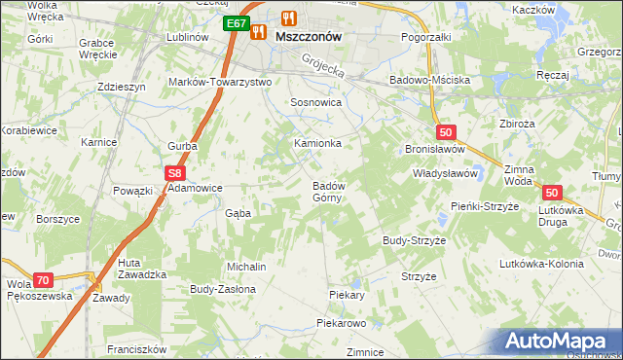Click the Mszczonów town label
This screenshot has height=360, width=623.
click(307, 36)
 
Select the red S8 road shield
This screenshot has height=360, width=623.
click(174, 173)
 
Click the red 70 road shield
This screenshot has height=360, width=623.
click(42, 278)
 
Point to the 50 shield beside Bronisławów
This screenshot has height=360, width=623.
click(445, 131)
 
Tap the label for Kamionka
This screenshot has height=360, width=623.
click(317, 143)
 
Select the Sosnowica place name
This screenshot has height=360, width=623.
click(316, 101)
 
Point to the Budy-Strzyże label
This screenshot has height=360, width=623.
click(414, 239)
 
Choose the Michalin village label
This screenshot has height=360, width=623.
click(246, 266)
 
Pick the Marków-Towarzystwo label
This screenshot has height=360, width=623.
click(220, 83)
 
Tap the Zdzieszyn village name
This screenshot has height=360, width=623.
click(122, 86)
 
